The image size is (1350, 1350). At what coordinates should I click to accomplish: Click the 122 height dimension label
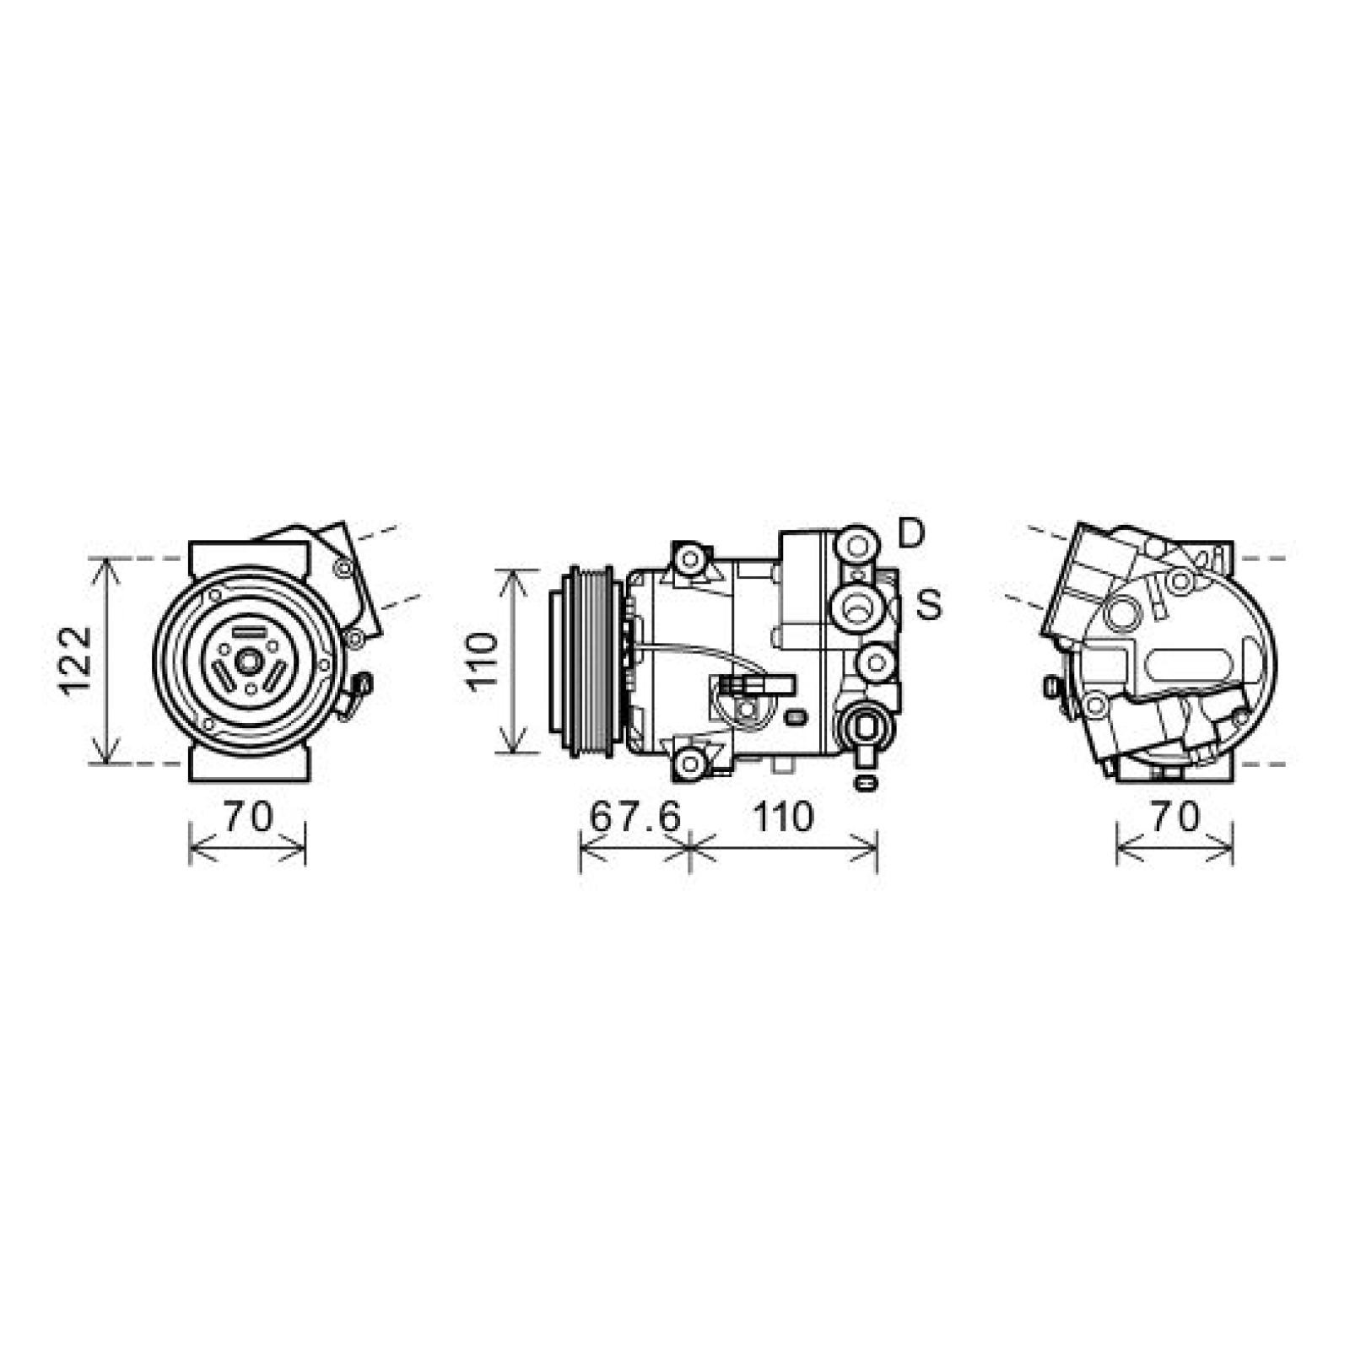click(75, 660)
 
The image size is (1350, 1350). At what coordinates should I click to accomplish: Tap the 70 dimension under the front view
click(248, 817)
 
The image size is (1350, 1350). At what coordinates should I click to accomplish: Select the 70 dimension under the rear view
click(1174, 817)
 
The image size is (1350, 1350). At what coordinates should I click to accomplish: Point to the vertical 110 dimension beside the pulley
click(483, 661)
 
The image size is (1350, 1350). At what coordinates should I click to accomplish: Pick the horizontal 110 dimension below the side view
click(783, 817)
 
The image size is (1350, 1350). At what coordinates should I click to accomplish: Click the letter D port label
click(911, 533)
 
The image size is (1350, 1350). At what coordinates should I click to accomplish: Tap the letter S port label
click(928, 604)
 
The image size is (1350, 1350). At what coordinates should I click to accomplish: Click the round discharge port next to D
click(856, 544)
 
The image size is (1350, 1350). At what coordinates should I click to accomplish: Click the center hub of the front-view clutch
click(247, 661)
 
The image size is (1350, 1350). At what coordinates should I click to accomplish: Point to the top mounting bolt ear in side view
click(691, 559)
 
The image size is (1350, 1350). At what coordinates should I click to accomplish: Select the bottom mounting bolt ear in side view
click(691, 762)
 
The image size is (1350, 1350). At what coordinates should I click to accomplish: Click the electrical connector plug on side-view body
click(755, 685)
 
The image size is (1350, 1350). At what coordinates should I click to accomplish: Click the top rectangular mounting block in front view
click(248, 557)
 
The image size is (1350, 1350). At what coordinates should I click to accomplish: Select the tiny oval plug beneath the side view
click(864, 782)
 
